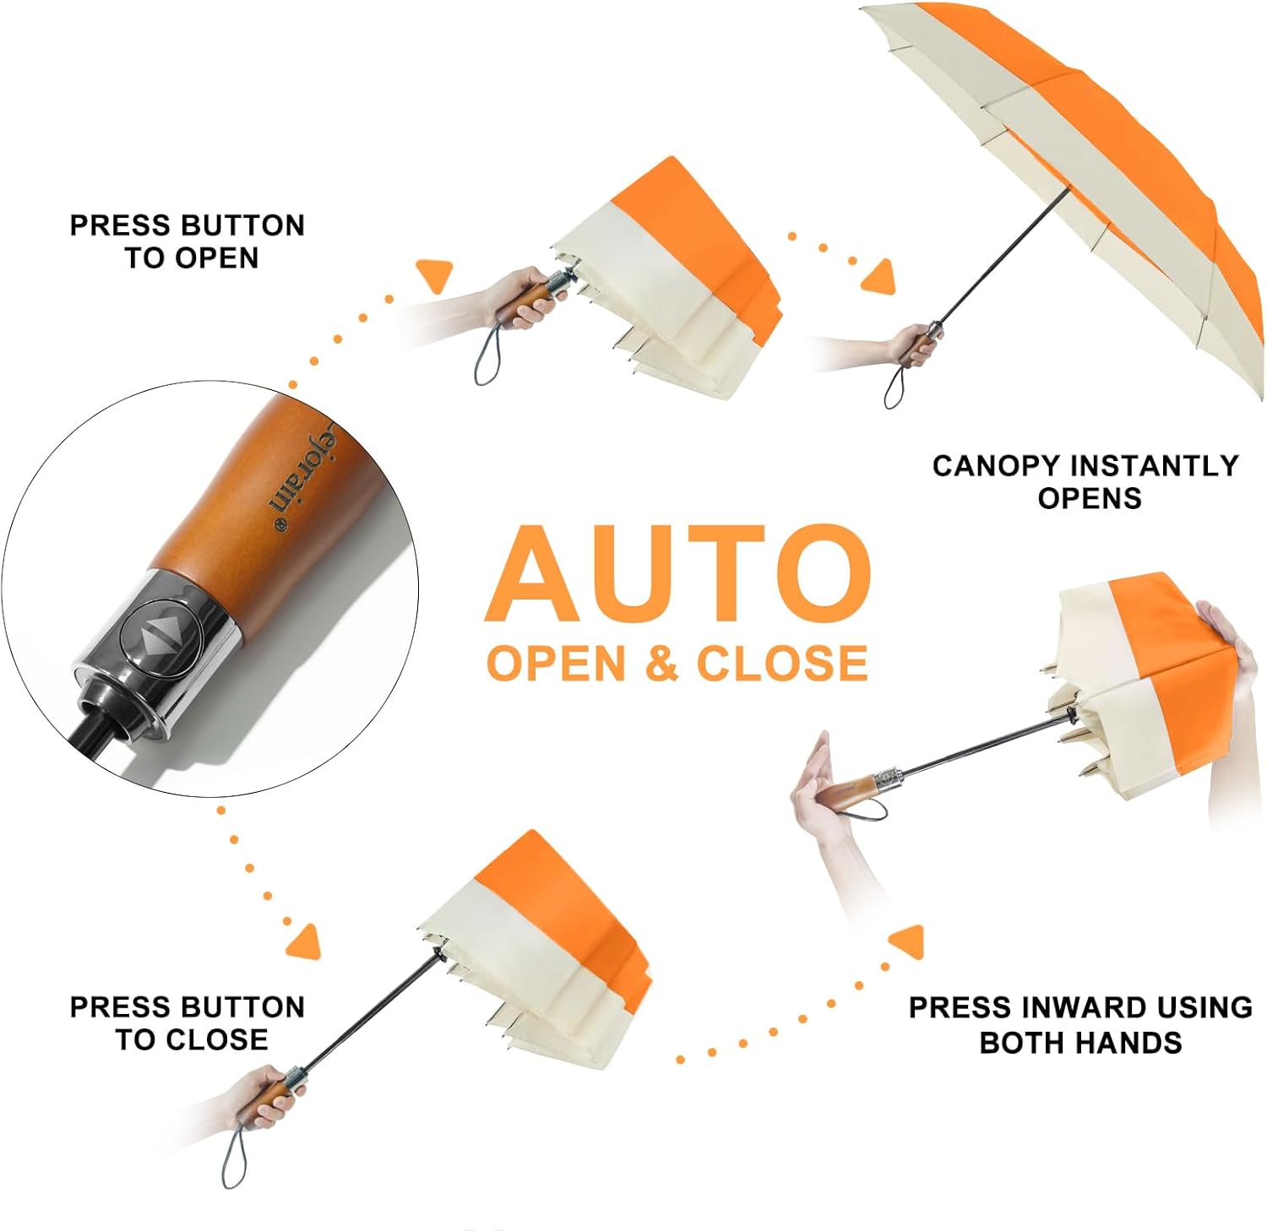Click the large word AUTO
tap(678, 574)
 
